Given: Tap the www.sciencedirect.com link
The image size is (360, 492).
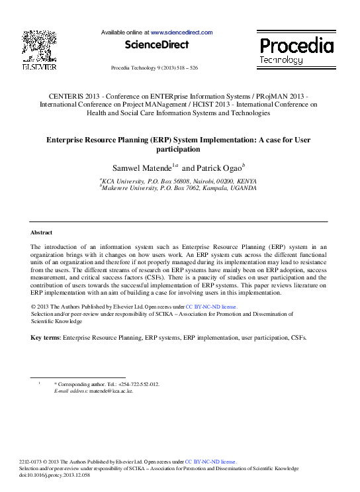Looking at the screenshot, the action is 181,32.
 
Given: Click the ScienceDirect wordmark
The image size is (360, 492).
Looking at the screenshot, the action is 157,44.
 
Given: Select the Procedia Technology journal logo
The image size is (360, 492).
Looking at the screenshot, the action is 296,50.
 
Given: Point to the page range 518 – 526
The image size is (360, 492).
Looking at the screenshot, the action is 185,68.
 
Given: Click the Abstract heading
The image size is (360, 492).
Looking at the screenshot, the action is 42,232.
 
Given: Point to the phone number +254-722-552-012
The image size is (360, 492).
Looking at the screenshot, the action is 139,384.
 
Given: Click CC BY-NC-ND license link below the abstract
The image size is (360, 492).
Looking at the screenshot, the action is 211,307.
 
